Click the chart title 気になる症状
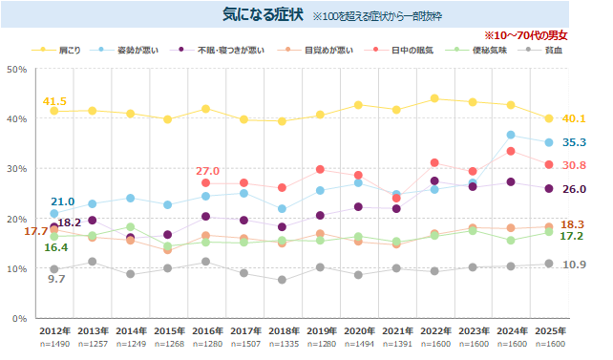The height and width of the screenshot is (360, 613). click(263, 14)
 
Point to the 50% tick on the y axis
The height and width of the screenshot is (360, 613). click(17, 69)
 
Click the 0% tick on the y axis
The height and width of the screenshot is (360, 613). click(19, 319)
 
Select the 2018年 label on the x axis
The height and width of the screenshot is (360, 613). click(284, 331)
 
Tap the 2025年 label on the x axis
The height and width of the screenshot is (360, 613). click(550, 331)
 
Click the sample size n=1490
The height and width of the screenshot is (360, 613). click(54, 344)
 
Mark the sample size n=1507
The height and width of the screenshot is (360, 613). click(245, 344)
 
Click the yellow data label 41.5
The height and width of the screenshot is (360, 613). click(54, 101)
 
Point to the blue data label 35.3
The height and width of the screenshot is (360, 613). click(574, 142)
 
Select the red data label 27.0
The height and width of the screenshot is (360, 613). click(207, 171)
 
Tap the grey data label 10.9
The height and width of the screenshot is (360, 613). click(574, 265)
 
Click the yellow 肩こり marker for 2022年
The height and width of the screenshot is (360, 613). click(434, 98)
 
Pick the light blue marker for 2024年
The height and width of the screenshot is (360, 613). click(511, 135)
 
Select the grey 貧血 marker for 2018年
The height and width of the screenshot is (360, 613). click(282, 280)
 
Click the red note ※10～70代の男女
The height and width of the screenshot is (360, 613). click(526, 35)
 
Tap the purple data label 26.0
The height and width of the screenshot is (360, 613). click(574, 189)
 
